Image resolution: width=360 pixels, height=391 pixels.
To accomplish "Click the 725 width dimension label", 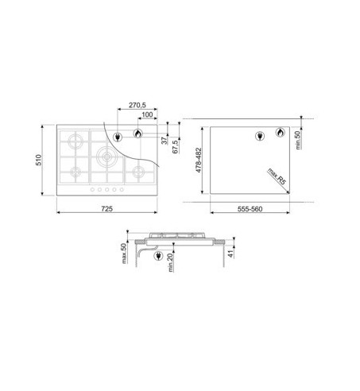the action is (x=106, y=209).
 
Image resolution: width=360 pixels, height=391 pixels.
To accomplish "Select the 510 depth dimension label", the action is (x=39, y=160).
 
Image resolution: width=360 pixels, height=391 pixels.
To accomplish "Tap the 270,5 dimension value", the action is (x=137, y=105).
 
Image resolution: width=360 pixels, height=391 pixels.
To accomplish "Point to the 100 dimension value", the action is (x=147, y=114).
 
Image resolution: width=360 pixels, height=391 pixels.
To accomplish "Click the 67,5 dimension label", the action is (x=175, y=147).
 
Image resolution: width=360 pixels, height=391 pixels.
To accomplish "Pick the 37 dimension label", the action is (x=165, y=141).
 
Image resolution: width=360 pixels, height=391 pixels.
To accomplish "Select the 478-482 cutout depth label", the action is (x=199, y=161).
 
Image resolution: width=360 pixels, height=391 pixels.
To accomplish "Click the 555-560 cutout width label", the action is (x=250, y=209).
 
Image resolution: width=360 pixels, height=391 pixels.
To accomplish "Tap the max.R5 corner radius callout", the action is (x=277, y=176).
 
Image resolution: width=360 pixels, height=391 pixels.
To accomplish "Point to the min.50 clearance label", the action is (x=298, y=140).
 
